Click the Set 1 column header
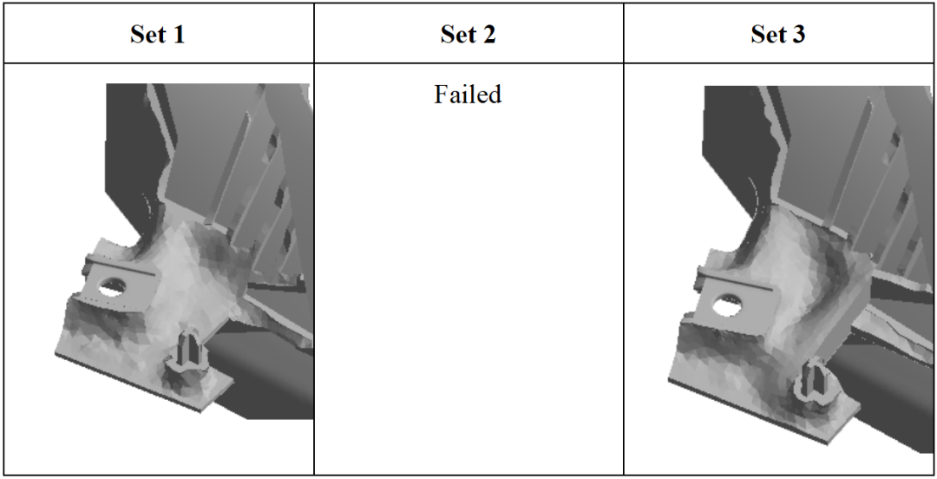pyautogui.click(x=157, y=34)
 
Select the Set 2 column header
pyautogui.click(x=468, y=34)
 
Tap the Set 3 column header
pyautogui.click(x=777, y=34)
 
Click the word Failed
pyautogui.click(x=468, y=95)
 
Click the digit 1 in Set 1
pyautogui.click(x=178, y=34)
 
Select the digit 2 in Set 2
pyautogui.click(x=488, y=34)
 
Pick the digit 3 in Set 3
pyautogui.click(x=798, y=34)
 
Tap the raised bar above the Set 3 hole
pyautogui.click(x=735, y=280)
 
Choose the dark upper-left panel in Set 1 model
pyautogui.click(x=128, y=149)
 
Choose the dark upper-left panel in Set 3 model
pyautogui.click(x=729, y=155)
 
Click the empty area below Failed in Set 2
pyautogui.click(x=468, y=287)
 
